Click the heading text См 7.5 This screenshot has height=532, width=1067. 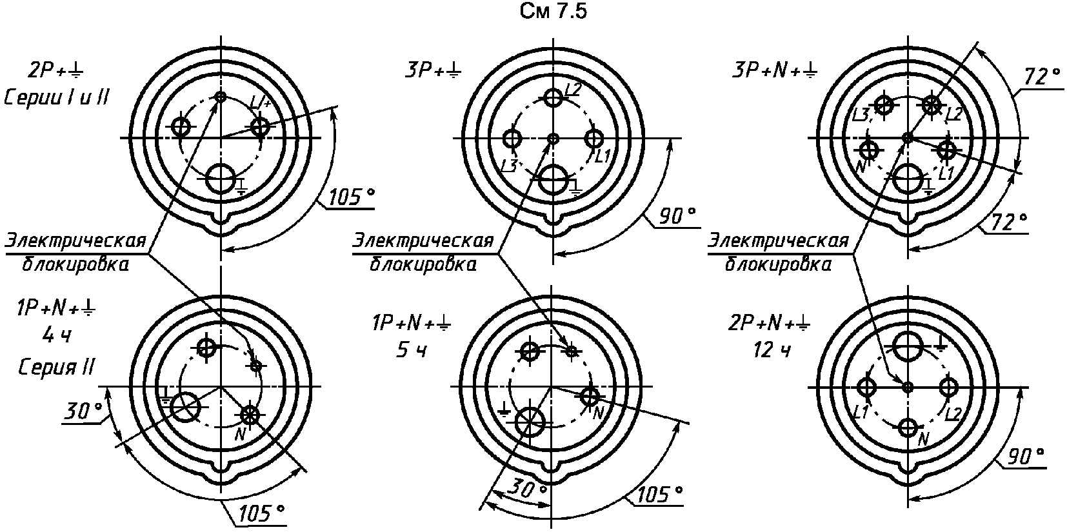click(553, 12)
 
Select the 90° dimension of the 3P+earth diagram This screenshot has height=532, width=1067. click(677, 217)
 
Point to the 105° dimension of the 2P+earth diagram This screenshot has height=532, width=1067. click(352, 197)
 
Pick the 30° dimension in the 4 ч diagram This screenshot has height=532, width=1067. click(83, 411)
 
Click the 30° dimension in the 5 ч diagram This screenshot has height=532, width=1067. click(526, 489)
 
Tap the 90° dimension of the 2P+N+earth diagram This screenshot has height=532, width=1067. click(1026, 457)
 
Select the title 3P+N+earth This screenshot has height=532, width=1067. click(774, 71)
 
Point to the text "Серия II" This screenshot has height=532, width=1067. click(56, 367)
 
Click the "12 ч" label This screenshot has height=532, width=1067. click(772, 351)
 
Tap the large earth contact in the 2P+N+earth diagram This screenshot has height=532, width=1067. click(908, 346)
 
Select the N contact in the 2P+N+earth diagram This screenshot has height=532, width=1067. click(908, 428)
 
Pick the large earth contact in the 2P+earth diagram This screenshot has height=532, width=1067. click(221, 179)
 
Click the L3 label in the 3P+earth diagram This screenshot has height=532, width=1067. click(510, 166)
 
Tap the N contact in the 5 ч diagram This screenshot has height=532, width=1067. click(590, 396)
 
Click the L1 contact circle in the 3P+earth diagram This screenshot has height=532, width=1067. click(594, 139)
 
